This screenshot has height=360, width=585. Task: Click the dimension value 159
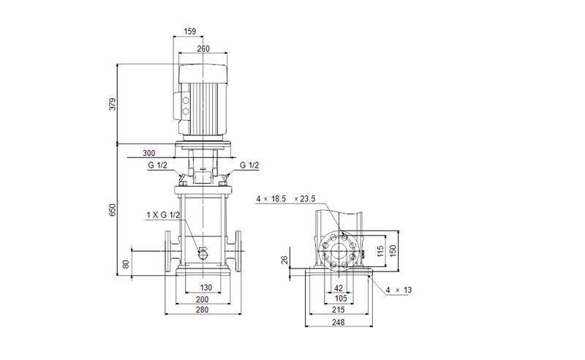190,31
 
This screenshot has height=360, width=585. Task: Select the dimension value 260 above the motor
203,49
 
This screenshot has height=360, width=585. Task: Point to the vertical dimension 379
113,103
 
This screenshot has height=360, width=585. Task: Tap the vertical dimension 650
113,210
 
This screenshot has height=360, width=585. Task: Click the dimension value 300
149,154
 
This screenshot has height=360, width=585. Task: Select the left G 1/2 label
157,166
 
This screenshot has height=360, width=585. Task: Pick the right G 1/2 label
249,166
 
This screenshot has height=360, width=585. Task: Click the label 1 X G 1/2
163,214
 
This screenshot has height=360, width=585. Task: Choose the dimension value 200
203,299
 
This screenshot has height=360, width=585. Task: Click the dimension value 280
203,311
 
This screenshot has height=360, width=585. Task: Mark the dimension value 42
338,288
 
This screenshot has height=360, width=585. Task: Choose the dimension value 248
338,323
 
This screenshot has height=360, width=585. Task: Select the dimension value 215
338,311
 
